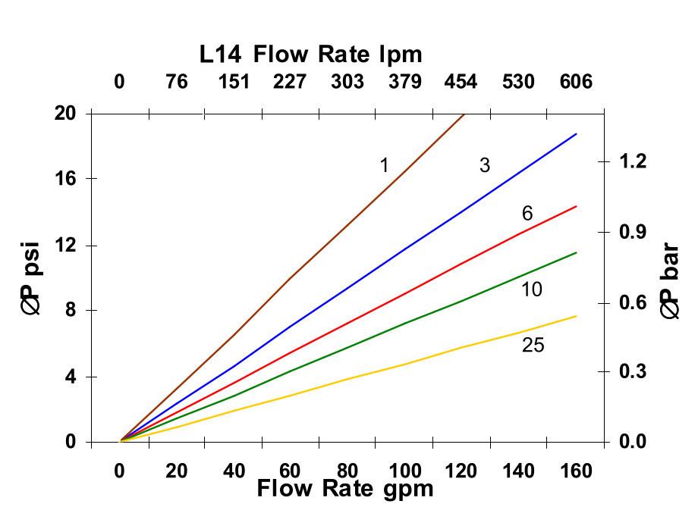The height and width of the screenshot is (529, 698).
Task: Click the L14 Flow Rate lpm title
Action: (x=310, y=55)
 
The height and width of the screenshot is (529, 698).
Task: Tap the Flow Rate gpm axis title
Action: (x=345, y=489)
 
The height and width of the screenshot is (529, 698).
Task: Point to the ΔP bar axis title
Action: (x=669, y=280)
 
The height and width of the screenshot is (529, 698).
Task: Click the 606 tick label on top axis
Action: (x=576, y=82)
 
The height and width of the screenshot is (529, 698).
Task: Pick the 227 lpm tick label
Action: (x=290, y=82)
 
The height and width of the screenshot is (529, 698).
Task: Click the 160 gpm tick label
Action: (x=576, y=471)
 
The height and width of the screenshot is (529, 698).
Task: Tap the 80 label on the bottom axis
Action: (x=347, y=471)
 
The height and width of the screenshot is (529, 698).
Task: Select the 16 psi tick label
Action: (x=66, y=179)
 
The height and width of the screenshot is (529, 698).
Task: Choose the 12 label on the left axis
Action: (x=66, y=245)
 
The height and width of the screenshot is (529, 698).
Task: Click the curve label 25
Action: (x=533, y=346)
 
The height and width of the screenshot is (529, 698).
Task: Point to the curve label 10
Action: (x=532, y=290)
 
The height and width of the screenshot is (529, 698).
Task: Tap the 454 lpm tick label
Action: (x=461, y=82)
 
